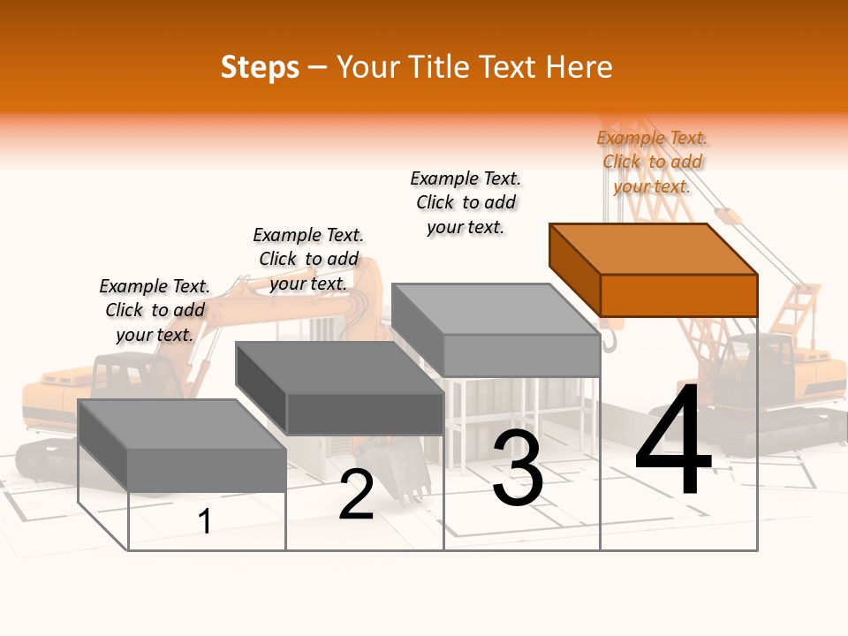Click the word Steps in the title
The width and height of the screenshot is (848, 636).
[x=260, y=67]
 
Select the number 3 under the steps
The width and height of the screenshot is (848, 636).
[x=518, y=468]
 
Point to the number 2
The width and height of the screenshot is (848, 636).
[x=356, y=495]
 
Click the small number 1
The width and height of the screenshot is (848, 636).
[x=204, y=521]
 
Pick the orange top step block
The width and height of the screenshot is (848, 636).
[x=654, y=269]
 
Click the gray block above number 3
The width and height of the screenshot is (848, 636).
[x=496, y=329]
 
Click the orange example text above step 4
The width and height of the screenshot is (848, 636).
[x=652, y=162]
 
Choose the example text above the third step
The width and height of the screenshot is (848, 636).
[x=466, y=202]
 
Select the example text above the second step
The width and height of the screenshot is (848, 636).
[x=308, y=259]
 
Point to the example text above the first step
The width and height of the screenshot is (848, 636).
[x=155, y=310]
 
